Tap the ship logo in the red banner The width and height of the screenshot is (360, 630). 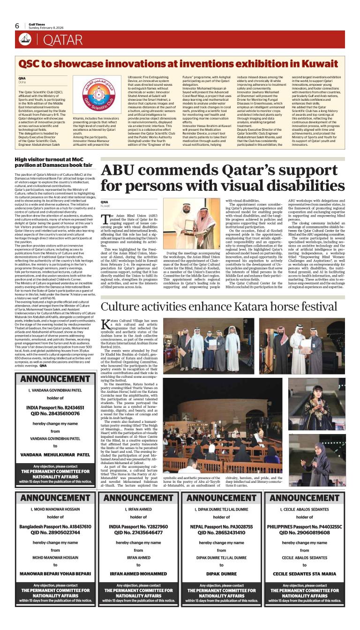pos(25,40)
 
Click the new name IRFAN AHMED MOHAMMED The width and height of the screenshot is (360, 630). pos(138,573)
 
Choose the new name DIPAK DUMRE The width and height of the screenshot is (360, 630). pos(221,573)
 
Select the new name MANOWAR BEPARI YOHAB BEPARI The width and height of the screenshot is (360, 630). pos(55,573)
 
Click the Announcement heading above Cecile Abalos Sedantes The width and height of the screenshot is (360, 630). pos(304,497)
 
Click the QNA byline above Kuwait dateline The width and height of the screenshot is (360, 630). pos(105,202)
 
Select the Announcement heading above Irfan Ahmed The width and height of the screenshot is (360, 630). pos(138,497)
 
